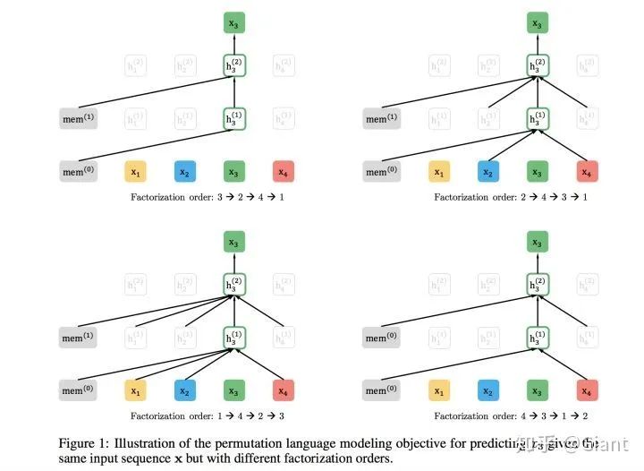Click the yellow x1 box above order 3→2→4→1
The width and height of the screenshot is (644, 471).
pyautogui.click(x=136, y=171)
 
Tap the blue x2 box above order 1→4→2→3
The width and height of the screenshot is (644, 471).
pyautogui.click(x=184, y=390)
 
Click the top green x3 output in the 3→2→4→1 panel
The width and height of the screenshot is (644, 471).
pyautogui.click(x=234, y=24)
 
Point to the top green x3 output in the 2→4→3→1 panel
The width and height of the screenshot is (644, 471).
pyautogui.click(x=537, y=24)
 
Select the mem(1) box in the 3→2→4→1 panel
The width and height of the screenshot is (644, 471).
pyautogui.click(x=78, y=118)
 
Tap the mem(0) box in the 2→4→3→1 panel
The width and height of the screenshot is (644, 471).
pyautogui.click(x=381, y=171)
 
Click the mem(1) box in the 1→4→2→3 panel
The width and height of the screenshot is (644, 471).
pyautogui.click(x=78, y=338)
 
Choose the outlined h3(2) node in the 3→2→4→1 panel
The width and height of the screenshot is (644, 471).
pyautogui.click(x=234, y=64)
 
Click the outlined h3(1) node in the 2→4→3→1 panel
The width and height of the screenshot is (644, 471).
pyautogui.click(x=537, y=118)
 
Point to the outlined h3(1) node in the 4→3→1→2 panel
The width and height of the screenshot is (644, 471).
pyautogui.click(x=537, y=338)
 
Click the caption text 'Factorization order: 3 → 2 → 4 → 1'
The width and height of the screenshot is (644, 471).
pyautogui.click(x=208, y=196)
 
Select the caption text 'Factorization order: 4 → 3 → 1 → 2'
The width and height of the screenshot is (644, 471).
pyautogui.click(x=511, y=415)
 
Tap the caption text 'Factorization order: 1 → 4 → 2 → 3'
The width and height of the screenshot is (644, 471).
pyautogui.click(x=208, y=415)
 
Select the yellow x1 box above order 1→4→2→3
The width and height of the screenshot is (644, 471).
pyautogui.click(x=136, y=390)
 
